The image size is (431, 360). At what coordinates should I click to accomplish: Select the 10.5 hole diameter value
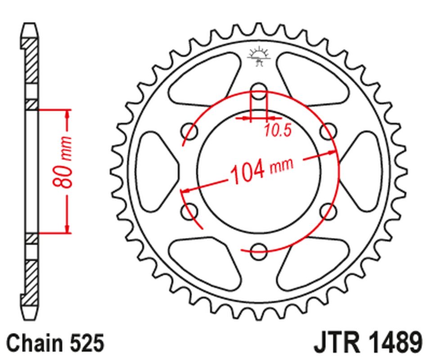click(x=278, y=130)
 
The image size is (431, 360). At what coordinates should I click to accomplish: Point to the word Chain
click(x=32, y=343)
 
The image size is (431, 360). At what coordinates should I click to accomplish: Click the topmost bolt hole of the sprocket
click(x=258, y=89)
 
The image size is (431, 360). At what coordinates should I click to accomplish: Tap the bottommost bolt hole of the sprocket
click(x=258, y=251)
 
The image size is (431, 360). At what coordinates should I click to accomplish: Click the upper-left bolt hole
click(x=189, y=130)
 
